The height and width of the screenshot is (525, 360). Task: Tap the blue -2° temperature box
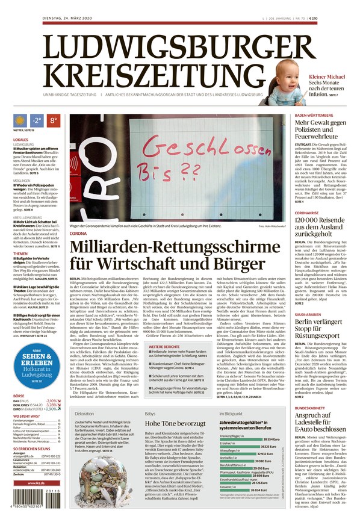(37, 121)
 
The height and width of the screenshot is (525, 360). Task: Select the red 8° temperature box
(53, 121)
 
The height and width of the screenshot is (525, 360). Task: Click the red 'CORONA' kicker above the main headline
(78, 233)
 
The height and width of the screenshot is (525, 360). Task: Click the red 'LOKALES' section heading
(21, 140)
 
